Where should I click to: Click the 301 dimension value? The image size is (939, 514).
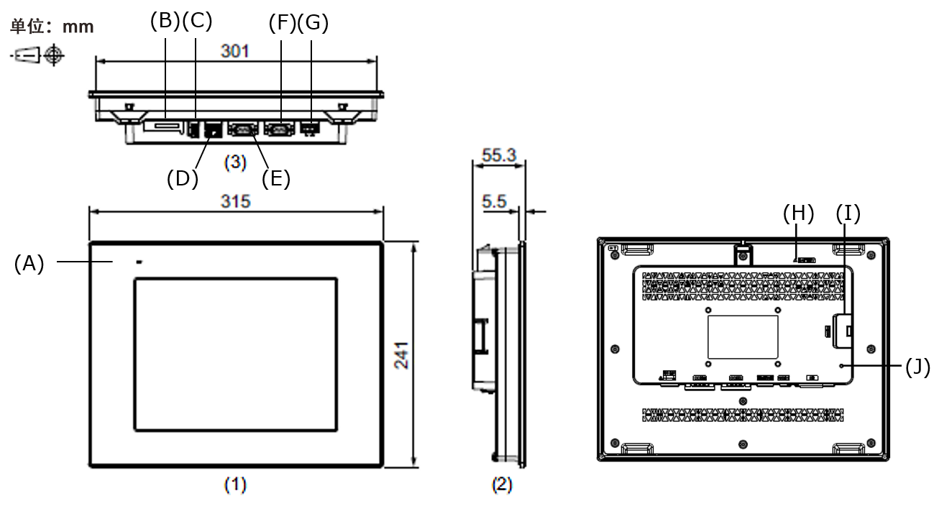234,51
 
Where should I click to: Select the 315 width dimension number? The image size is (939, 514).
236,201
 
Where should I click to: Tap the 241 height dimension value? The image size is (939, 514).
402,356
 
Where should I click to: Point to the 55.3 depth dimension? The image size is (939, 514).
499,155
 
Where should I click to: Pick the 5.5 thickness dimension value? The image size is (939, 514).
494,201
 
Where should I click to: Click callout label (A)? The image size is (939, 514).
29,264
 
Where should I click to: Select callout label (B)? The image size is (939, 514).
165,21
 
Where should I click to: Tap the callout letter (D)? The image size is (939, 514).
183,178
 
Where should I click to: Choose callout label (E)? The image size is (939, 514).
276,178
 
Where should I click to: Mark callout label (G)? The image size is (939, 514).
313,22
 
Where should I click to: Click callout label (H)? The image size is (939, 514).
799,213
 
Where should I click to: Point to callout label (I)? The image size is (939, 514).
848,213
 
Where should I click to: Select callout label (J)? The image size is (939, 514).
917,367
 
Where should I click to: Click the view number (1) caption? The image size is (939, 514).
235,485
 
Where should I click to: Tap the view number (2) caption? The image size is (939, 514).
502,485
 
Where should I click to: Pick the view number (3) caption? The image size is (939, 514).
235,162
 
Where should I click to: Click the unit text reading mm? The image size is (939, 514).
78,27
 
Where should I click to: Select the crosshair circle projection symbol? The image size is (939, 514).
54,55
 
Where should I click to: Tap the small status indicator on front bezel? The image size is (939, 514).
139,262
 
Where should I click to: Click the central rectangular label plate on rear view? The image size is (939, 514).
743,337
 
